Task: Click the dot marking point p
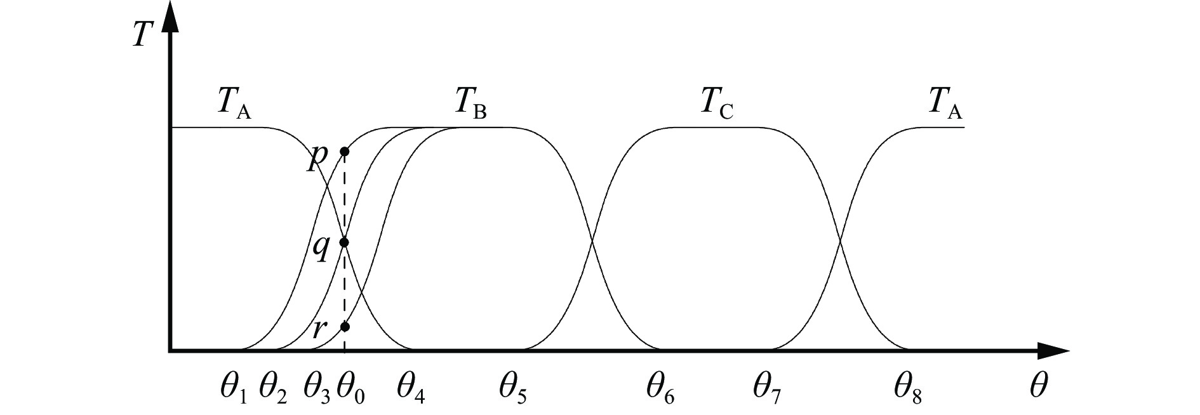click(x=344, y=151)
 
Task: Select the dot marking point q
click(x=344, y=242)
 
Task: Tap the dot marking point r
click(x=344, y=327)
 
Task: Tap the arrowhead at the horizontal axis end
click(x=1054, y=350)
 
